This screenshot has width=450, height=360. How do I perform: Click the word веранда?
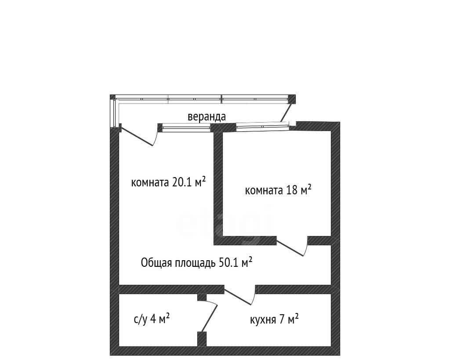207,116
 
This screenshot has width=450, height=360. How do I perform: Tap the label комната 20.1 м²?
168,182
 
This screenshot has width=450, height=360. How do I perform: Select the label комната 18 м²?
278,190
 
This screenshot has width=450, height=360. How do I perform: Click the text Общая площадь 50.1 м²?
196,262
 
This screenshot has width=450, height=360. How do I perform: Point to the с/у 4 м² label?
152,319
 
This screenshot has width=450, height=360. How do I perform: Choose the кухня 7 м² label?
274,319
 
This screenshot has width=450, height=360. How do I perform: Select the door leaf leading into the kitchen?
238,296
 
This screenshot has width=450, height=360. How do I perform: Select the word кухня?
263,320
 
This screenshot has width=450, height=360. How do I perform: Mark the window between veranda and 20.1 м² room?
186,127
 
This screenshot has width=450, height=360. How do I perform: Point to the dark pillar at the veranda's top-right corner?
292,99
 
